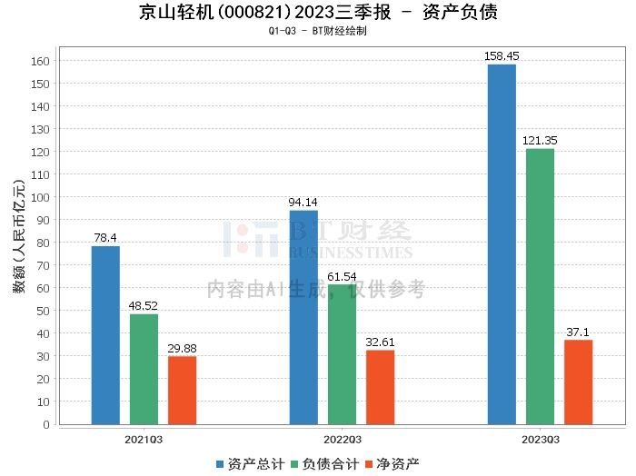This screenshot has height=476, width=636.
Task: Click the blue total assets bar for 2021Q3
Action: (105, 335)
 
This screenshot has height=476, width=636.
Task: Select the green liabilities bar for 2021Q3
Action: (144, 369)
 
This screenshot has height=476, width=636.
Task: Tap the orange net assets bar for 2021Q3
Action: (182, 390)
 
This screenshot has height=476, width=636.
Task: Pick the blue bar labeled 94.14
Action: (303, 317)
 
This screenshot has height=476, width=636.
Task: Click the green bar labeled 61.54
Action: (342, 354)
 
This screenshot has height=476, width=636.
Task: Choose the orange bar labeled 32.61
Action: (380, 387)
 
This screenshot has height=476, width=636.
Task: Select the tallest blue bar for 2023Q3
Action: (502, 244)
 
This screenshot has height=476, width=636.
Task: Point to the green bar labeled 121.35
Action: (540, 286)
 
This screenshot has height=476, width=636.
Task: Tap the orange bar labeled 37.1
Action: (578, 382)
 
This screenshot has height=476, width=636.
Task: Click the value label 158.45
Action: (502, 56)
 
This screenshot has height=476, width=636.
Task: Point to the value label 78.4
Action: (105, 238)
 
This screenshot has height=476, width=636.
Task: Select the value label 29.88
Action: (182, 348)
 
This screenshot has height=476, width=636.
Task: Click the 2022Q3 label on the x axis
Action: (342, 440)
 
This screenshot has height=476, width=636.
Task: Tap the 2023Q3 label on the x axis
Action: (540, 440)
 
